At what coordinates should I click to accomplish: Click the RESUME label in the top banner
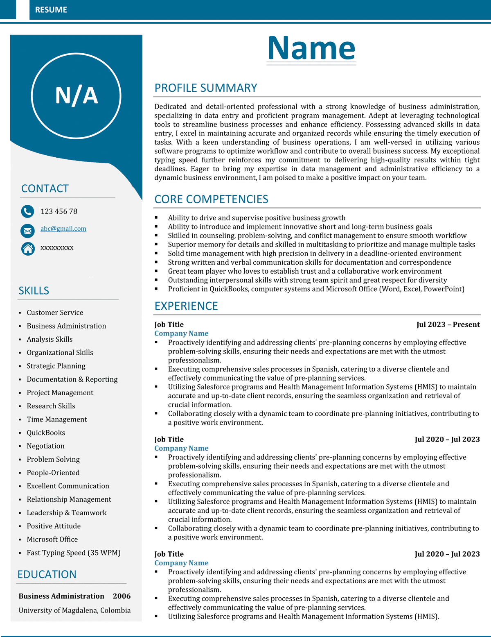coord(51,10)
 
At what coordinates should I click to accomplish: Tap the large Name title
coord(311,48)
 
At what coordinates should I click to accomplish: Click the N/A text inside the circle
coord(77,95)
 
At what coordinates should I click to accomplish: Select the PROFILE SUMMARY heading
coord(205,88)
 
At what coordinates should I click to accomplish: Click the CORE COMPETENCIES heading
coord(211,199)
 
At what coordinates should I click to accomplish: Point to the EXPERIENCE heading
coord(186,306)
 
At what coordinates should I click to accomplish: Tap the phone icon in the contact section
coord(27,211)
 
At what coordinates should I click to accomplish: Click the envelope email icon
coord(27,231)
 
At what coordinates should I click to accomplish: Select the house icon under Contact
coord(28,248)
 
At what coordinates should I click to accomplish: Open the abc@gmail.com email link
coord(63,229)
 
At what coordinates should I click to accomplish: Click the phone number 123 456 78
coord(59,211)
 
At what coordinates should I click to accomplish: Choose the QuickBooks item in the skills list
coord(46,433)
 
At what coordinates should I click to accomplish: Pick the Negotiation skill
coord(45,446)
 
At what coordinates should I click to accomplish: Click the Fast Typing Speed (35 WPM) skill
coord(74,553)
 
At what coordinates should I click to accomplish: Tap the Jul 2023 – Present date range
coord(448,324)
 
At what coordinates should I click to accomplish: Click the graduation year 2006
coord(122,596)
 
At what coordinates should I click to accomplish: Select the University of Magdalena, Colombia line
coord(74,610)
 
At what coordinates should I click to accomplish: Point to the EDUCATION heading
coord(47,574)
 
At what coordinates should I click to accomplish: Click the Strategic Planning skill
coord(56,366)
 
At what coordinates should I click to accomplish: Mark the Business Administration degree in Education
coord(61,596)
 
